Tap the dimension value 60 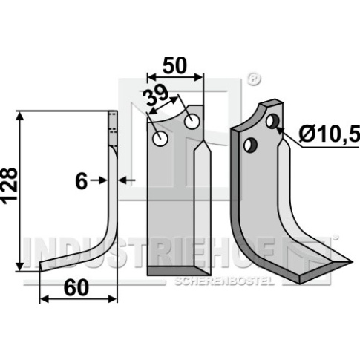tap(76, 288)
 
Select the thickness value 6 tap(81, 181)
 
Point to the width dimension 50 tap(174, 65)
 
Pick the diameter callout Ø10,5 tap(329, 135)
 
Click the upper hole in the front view tap(192, 121)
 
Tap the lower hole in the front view tap(160, 139)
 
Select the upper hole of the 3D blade tap(272, 121)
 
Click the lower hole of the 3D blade tap(250, 145)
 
